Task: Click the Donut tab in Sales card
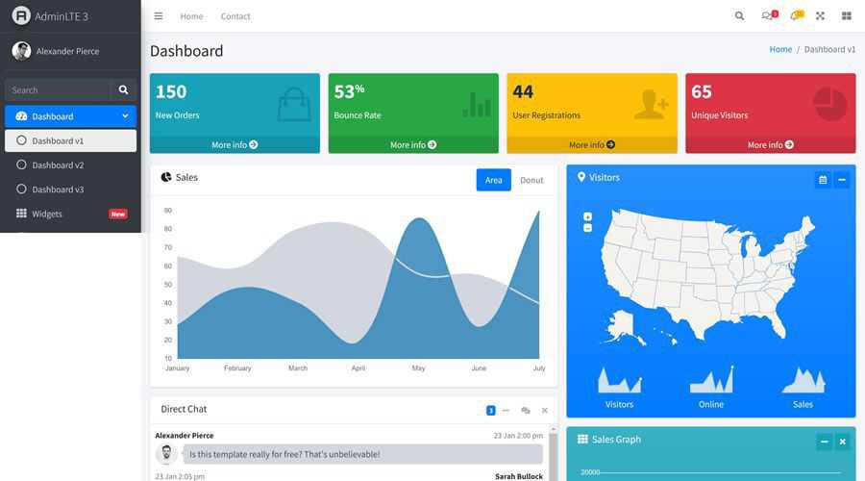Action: (531, 180)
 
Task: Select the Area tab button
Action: (493, 180)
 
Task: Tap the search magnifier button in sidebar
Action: (123, 89)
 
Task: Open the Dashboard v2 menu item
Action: (58, 165)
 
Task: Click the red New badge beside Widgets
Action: (118, 214)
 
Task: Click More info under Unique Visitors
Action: (770, 145)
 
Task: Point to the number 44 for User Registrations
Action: (523, 91)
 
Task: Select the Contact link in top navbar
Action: (235, 16)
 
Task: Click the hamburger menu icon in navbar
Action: (159, 16)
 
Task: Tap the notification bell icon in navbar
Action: (795, 16)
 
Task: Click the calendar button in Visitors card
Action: (823, 180)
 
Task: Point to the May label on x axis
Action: (418, 368)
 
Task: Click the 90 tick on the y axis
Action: (167, 210)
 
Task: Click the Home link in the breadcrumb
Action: (780, 49)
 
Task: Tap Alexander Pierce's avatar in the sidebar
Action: (21, 51)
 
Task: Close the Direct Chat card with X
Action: (545, 411)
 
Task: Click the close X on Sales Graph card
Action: (843, 442)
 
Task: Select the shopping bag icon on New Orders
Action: (294, 104)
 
